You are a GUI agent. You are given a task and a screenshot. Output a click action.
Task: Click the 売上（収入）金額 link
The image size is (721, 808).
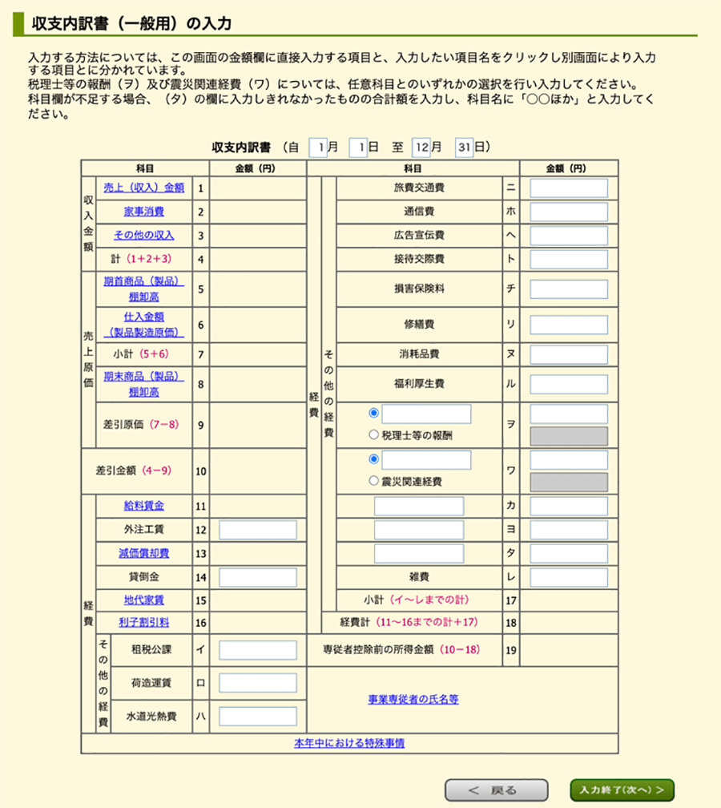(x=144, y=188)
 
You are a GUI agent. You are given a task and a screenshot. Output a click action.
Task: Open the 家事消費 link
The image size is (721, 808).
(x=144, y=212)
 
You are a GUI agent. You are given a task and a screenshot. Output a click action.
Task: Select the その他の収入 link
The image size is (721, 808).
(x=144, y=236)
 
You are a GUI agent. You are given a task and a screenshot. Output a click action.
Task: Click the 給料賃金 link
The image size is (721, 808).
(x=144, y=506)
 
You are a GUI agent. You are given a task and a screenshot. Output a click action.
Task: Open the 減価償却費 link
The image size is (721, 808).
(x=144, y=553)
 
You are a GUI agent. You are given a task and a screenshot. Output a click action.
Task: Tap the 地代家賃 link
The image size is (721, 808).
(x=144, y=600)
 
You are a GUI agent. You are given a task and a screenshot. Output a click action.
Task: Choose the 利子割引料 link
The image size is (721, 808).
(x=144, y=622)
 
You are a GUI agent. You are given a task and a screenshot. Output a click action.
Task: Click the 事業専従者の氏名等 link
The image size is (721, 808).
(x=413, y=699)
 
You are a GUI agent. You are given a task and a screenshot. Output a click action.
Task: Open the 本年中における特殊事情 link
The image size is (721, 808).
(x=349, y=743)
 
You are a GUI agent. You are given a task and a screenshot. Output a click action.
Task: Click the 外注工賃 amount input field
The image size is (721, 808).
(x=258, y=530)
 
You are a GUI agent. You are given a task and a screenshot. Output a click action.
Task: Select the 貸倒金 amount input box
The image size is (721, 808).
(x=258, y=577)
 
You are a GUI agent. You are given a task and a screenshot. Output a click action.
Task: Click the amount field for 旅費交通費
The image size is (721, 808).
(x=569, y=188)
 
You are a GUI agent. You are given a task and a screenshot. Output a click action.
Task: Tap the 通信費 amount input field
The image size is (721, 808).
(x=569, y=212)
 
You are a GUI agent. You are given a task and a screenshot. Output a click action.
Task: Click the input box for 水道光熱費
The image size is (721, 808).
(x=258, y=716)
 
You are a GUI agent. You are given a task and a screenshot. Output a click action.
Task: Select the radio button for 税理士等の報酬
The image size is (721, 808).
(x=373, y=435)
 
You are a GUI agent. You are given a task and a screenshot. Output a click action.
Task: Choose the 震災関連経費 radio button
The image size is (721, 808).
(x=373, y=482)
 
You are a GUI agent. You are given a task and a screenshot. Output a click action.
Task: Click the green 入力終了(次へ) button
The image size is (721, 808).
(x=622, y=790)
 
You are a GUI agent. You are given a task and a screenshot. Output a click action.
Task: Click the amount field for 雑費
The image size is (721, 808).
(x=569, y=577)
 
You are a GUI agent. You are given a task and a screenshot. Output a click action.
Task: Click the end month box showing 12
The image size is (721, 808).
(x=422, y=147)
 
